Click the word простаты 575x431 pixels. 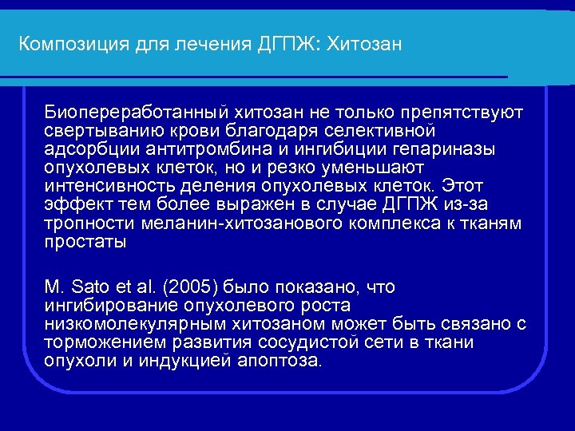85,242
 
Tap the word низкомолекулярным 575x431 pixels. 133,324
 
